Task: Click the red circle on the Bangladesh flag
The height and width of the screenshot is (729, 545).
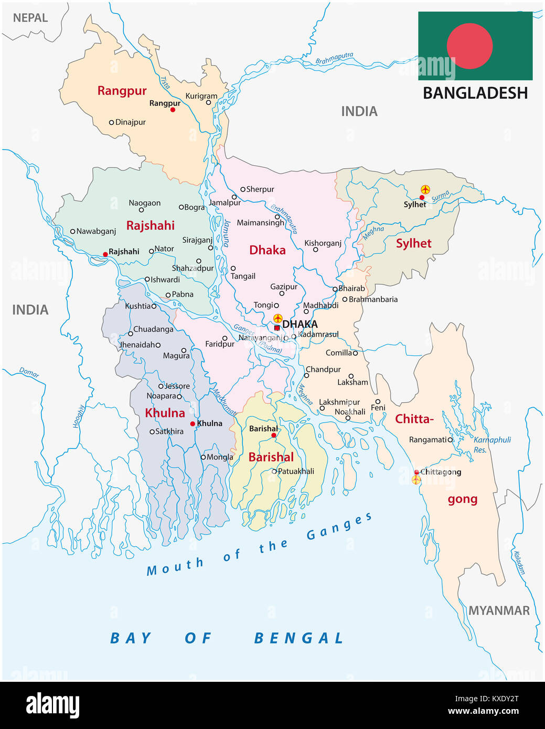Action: point(469,46)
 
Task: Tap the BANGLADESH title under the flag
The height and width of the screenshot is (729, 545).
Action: point(475,93)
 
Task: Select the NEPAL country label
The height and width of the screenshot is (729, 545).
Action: point(30,18)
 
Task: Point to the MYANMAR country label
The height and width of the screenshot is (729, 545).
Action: point(499,610)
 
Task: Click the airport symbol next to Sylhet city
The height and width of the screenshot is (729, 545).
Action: point(425,189)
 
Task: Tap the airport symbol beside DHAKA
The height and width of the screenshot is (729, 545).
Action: point(278,318)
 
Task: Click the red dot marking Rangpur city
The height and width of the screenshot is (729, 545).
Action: point(173,110)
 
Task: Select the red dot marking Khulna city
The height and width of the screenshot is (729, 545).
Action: point(193,424)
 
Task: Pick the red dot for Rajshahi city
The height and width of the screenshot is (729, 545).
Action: point(105,254)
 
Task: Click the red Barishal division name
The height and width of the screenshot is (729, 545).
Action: point(271,457)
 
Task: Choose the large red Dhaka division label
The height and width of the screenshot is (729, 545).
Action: point(268,250)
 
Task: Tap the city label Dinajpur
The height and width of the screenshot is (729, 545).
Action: point(130,122)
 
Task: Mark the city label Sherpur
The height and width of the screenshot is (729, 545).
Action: point(260,189)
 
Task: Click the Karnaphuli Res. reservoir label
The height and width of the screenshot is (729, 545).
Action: point(491,445)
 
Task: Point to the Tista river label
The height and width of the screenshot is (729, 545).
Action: point(165,82)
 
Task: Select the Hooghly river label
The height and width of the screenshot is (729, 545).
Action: point(79,416)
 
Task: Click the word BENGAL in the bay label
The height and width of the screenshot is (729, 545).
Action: point(298,638)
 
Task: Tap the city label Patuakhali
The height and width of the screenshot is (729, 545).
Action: point(296,471)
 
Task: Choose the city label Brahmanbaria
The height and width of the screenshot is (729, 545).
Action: point(373,299)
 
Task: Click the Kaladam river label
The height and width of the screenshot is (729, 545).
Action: point(519,562)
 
